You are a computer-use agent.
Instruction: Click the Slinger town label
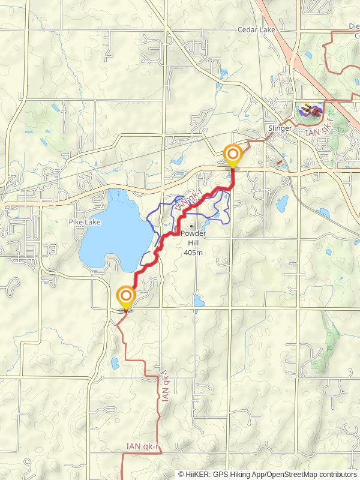(x=279, y=129)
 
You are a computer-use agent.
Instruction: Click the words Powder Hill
(x=193, y=238)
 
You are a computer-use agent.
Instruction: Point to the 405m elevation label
(x=193, y=253)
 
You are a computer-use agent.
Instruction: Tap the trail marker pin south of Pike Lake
(x=126, y=296)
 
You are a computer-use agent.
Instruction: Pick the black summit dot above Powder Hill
(x=191, y=226)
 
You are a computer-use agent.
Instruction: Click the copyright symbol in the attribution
(x=182, y=474)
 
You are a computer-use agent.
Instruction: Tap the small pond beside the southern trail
(x=115, y=362)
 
